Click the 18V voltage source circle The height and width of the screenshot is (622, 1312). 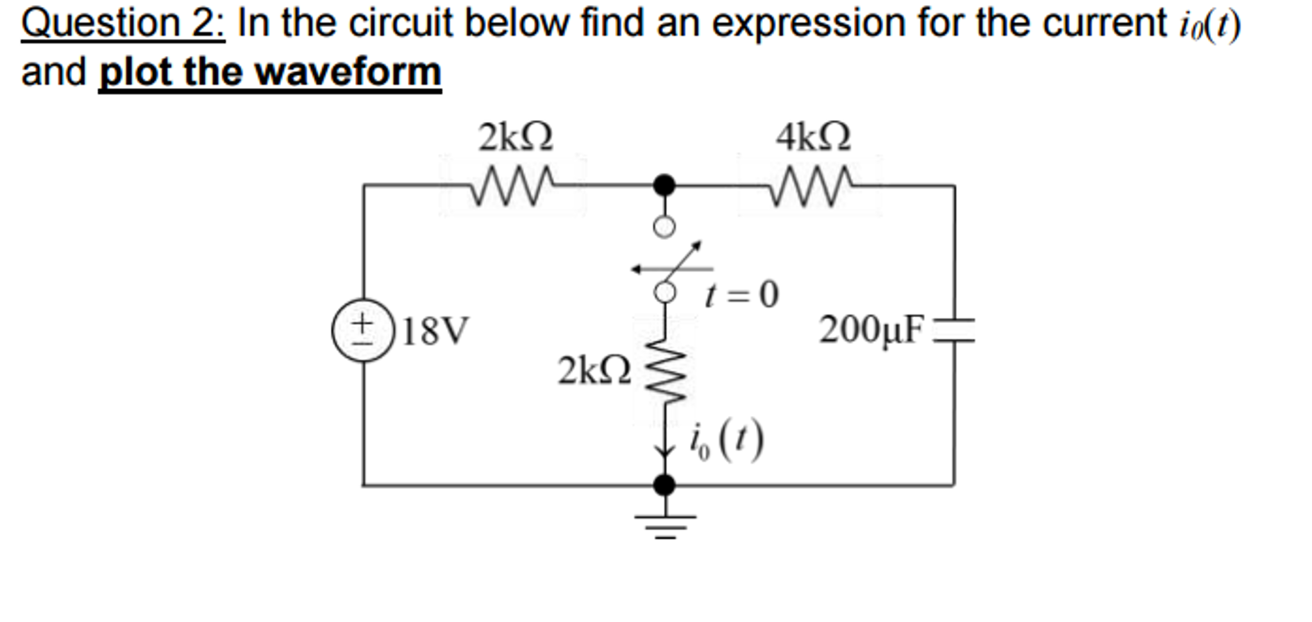(x=363, y=330)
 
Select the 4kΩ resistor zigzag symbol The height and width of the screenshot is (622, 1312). (x=811, y=187)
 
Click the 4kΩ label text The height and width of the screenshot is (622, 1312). (x=813, y=137)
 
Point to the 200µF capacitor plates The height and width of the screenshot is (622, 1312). (x=954, y=330)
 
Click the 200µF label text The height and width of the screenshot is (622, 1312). (x=871, y=330)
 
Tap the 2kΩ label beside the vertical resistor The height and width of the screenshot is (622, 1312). (x=594, y=371)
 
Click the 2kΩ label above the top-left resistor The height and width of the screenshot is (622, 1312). (x=516, y=137)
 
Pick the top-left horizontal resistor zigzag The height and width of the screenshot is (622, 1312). (x=513, y=187)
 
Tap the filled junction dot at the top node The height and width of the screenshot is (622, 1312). (x=664, y=186)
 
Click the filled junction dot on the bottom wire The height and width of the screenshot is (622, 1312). (x=664, y=485)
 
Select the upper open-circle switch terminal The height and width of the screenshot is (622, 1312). (x=664, y=227)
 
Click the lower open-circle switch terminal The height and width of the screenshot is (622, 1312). (x=665, y=293)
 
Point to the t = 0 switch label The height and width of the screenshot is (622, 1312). (x=741, y=295)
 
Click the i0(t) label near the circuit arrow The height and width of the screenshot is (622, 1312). (x=727, y=442)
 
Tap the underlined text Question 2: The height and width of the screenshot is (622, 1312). (x=123, y=24)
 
